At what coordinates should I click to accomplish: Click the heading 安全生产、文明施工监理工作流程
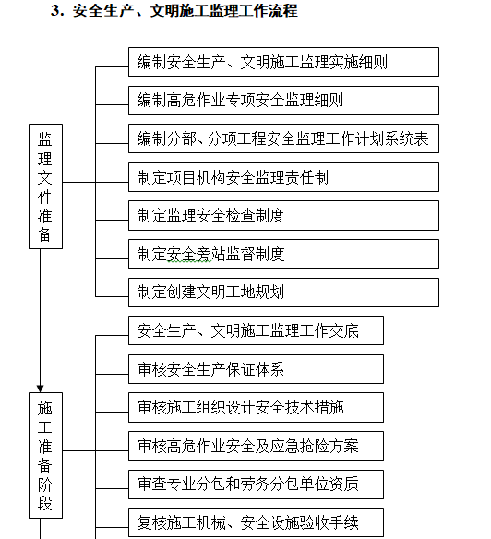(185, 12)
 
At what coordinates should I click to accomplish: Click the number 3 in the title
(55, 12)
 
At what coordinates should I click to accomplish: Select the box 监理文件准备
(44, 186)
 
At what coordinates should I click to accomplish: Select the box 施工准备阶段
(44, 456)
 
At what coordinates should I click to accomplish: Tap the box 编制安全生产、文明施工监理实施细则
(281, 62)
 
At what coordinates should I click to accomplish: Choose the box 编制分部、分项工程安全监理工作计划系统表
(281, 138)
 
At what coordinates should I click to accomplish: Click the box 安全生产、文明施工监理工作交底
(255, 330)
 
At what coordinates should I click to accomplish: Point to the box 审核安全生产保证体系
(255, 369)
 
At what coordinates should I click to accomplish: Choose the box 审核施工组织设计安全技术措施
(255, 407)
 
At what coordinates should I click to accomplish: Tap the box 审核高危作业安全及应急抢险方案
(255, 446)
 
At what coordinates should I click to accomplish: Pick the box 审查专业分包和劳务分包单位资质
(255, 484)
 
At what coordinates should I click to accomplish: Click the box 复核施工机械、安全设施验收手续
(255, 522)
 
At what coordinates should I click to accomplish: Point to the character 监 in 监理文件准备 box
(44, 139)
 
